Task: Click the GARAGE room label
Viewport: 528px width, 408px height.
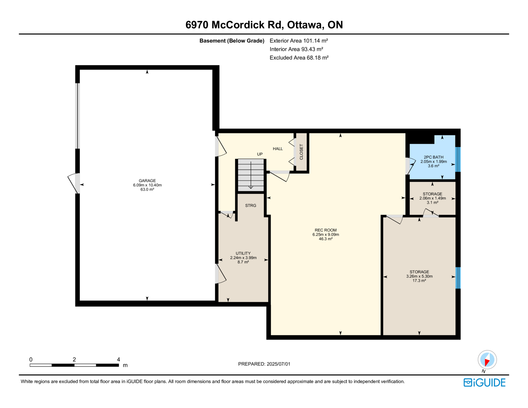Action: [x=147, y=181]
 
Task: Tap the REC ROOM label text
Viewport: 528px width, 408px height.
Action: [x=326, y=230]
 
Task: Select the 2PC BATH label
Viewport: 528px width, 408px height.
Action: [x=434, y=157]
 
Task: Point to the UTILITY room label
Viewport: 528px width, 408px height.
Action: [x=243, y=253]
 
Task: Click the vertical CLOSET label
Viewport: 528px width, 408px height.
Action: [x=301, y=152]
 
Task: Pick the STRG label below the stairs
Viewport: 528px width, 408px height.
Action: [x=250, y=206]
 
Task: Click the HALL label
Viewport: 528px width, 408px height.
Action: [x=278, y=149]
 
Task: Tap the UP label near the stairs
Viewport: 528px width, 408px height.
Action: [x=260, y=154]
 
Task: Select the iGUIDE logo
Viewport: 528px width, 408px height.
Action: [x=484, y=383]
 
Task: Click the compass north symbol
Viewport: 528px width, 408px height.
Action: [x=487, y=360]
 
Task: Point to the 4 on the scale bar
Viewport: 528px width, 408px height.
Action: [x=118, y=359]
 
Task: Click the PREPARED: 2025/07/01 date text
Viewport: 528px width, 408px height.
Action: [x=264, y=364]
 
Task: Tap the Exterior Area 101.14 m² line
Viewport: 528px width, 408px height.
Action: [x=299, y=41]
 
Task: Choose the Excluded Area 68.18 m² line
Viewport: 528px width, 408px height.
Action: [x=299, y=57]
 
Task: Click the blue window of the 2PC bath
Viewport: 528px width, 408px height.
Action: [x=458, y=159]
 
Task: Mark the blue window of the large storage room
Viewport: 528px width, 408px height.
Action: [x=458, y=278]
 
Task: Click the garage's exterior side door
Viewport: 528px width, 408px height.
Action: [x=74, y=183]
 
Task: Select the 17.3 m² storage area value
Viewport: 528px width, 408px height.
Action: [x=419, y=281]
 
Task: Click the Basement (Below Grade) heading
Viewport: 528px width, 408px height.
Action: [x=232, y=41]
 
